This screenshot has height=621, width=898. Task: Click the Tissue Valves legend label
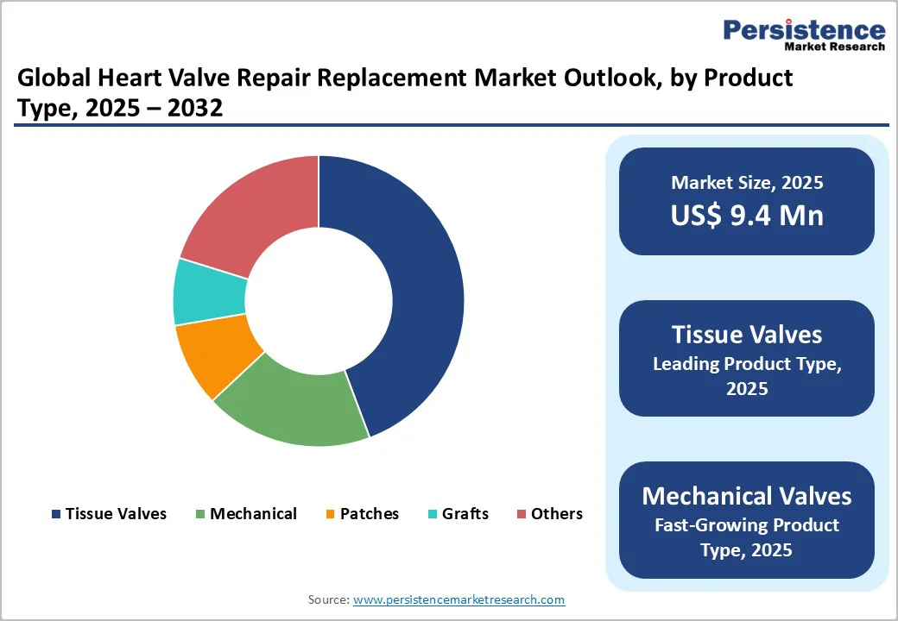(116, 514)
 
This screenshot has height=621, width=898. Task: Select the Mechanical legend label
(253, 514)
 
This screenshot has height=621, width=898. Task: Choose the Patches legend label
(370, 514)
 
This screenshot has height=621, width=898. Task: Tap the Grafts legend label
(465, 514)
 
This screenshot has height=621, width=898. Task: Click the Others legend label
(557, 514)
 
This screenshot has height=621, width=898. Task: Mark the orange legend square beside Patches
(331, 515)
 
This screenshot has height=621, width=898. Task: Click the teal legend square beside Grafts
(433, 515)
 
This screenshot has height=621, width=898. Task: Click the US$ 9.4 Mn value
(747, 216)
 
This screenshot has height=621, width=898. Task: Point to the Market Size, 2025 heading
(747, 183)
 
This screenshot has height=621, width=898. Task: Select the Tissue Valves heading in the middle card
(747, 335)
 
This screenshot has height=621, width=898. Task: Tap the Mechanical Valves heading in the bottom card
(747, 496)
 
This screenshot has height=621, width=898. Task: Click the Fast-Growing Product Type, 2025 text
(747, 537)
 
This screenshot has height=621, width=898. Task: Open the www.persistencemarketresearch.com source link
(458, 599)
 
